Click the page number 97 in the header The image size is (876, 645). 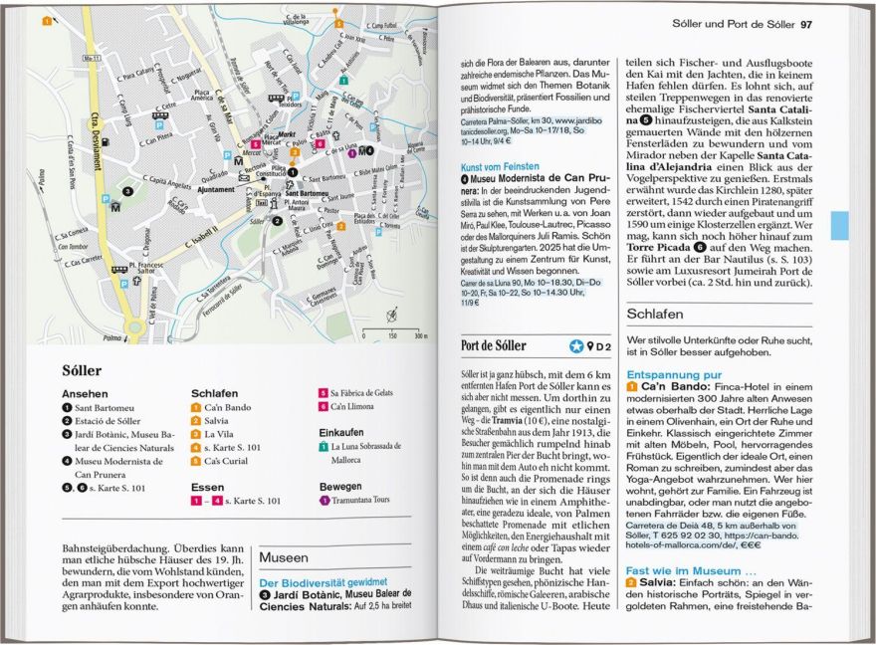tap(806, 23)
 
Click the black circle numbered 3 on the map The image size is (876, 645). tap(126, 190)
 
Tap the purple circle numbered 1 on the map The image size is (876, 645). tap(352, 153)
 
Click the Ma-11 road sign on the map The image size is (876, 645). tap(92, 58)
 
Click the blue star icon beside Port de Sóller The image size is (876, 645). tap(575, 346)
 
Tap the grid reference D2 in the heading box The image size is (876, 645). tap(599, 346)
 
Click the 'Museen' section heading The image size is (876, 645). tap(284, 558)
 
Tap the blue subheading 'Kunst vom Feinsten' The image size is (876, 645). tap(500, 166)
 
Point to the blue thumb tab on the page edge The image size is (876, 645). tap(839, 225)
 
